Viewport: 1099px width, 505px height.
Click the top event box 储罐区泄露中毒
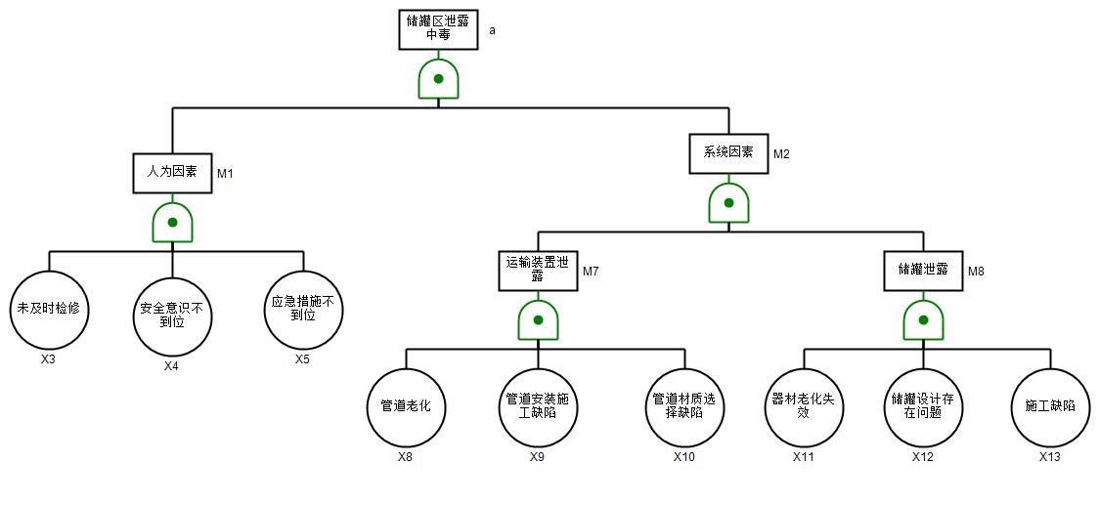438,29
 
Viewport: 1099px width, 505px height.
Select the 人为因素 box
172,172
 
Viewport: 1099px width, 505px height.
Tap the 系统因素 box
728,152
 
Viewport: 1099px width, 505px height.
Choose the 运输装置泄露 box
538,270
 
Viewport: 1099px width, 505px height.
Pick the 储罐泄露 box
923,270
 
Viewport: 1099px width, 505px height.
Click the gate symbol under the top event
438,78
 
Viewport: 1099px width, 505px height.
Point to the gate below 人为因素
172,223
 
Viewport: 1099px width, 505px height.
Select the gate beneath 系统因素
728,203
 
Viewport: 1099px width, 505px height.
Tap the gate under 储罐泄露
923,320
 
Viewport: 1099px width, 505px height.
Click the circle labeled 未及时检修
48,310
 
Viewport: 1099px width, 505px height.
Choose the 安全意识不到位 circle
172,316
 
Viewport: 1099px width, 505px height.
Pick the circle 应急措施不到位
303,310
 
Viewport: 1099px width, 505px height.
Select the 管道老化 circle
406,405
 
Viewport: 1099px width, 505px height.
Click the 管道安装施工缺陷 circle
538,405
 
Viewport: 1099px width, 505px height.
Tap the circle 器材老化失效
804,405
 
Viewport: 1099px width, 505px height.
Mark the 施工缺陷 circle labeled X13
1050,405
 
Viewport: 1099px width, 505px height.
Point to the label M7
591,272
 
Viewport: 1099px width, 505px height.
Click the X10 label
684,456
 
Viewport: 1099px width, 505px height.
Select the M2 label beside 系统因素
781,154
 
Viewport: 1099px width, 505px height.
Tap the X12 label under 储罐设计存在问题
923,456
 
